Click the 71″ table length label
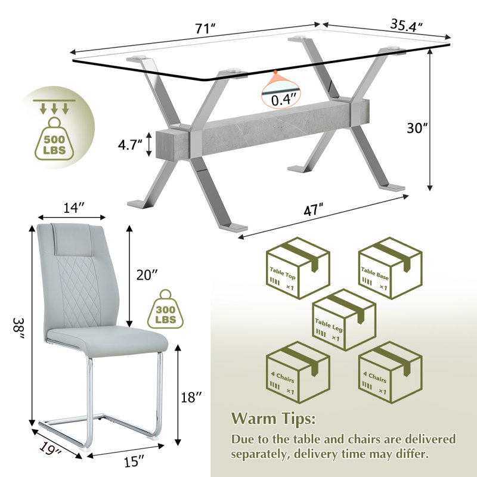[205, 29]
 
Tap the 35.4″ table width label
[406, 25]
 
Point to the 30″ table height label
[417, 128]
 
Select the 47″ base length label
[313, 210]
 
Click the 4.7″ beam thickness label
[130, 144]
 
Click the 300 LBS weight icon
[166, 309]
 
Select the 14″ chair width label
[73, 207]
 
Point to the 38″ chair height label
[18, 328]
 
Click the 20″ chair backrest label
[147, 275]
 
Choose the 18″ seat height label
[191, 397]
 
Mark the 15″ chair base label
[134, 461]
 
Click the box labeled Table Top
[298, 268]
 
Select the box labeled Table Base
[390, 268]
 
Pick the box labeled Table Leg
[344, 320]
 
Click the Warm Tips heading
[273, 419]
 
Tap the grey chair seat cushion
[107, 340]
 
